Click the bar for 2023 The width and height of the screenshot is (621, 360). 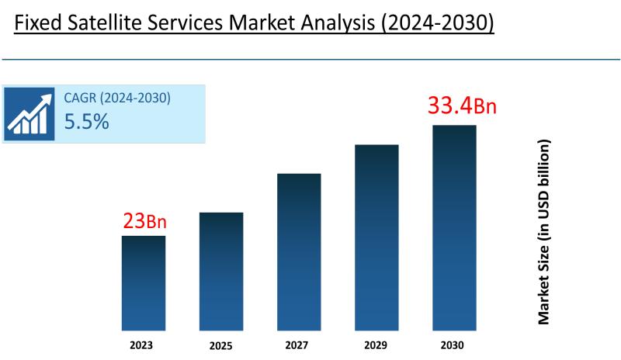[144, 282]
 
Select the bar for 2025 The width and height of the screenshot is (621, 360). [221, 271]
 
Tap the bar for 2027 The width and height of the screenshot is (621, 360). [299, 251]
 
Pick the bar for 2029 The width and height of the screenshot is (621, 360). [376, 237]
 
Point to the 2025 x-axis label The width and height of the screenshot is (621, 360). [221, 344]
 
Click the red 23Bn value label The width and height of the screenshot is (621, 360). [144, 222]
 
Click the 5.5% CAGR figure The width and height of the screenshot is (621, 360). [86, 122]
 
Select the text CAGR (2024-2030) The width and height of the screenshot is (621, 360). [116, 99]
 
